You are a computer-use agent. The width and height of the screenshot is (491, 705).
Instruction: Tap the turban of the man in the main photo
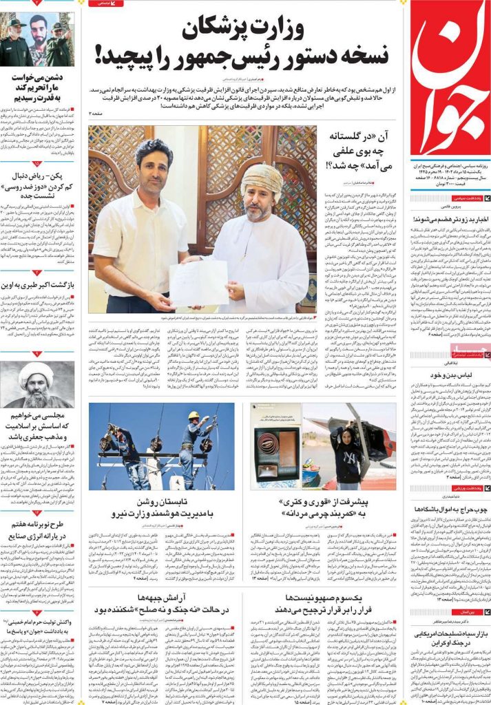pyautogui.click(x=262, y=179)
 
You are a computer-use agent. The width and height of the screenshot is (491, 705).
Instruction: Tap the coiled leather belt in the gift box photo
pyautogui.click(x=275, y=448)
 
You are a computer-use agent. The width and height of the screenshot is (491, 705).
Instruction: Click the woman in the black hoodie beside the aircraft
pyautogui.click(x=348, y=451)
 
